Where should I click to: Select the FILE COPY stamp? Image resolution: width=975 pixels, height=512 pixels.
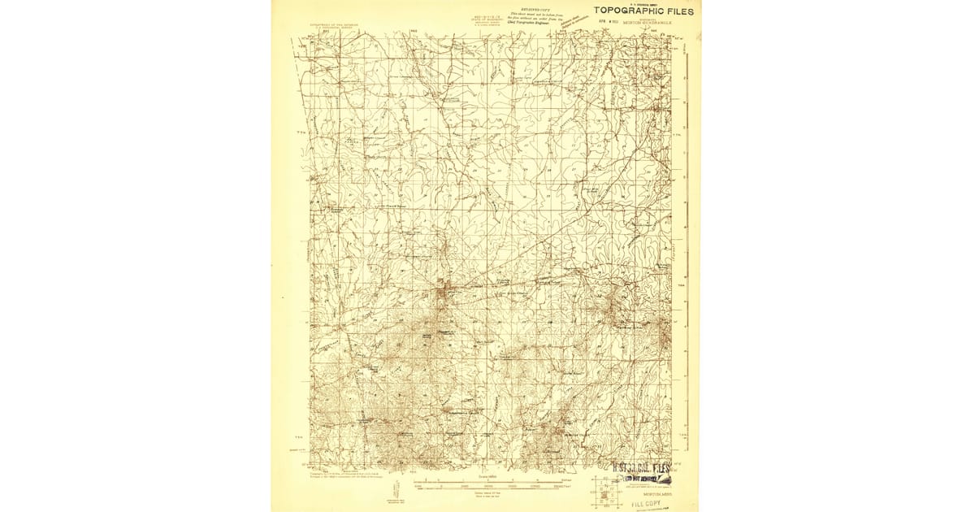pos(647,504)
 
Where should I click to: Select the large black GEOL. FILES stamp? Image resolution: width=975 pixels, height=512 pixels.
pos(641,468)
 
